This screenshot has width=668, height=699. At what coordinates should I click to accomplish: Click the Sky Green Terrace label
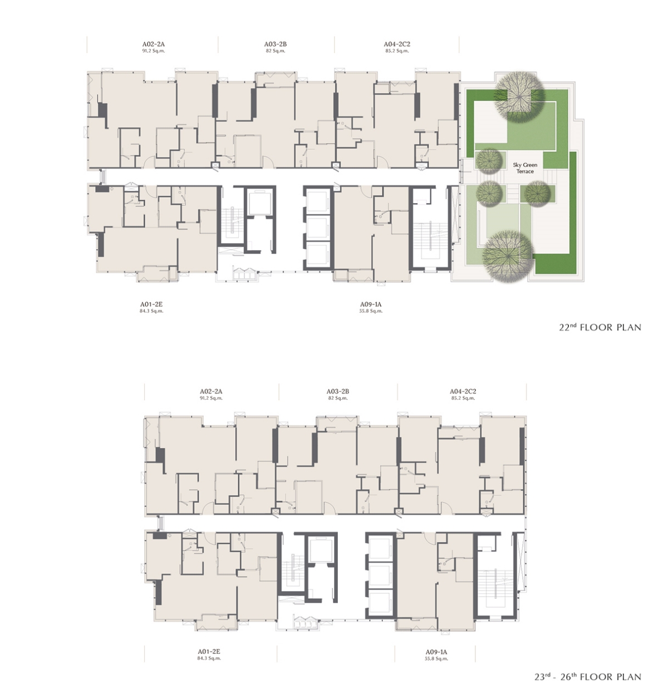point(525,168)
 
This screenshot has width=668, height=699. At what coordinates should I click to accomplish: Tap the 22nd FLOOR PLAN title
point(600,327)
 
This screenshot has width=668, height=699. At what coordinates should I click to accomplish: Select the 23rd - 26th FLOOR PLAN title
point(588,677)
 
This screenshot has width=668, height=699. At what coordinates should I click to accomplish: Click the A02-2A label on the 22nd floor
point(154,44)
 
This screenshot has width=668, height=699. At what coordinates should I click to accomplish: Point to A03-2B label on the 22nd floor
point(275,44)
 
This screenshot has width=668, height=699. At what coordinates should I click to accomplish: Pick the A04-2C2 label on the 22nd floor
point(397,44)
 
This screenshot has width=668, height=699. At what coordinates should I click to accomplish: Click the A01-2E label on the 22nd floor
point(151,304)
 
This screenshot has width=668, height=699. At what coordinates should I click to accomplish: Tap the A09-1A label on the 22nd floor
point(371,304)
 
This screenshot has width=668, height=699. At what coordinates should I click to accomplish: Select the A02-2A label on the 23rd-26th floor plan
point(211,391)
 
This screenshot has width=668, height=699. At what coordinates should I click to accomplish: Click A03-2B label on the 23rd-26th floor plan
point(338,391)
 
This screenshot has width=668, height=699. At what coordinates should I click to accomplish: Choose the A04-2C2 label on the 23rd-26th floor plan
point(463,391)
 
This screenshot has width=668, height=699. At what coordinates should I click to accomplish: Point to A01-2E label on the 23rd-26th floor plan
point(209,652)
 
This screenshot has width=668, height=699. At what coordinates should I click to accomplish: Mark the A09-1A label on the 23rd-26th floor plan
point(436,652)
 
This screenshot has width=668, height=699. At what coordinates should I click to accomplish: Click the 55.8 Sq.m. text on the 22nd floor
point(371,311)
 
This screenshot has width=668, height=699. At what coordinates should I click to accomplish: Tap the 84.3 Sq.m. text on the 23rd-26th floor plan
point(209,658)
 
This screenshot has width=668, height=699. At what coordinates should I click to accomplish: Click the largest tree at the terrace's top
point(519,97)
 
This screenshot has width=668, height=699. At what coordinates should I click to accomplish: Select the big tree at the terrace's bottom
point(507,255)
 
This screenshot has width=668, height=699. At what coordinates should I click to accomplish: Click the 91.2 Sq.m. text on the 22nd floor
point(154,51)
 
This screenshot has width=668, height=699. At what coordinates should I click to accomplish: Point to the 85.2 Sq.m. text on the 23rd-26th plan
point(463,398)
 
